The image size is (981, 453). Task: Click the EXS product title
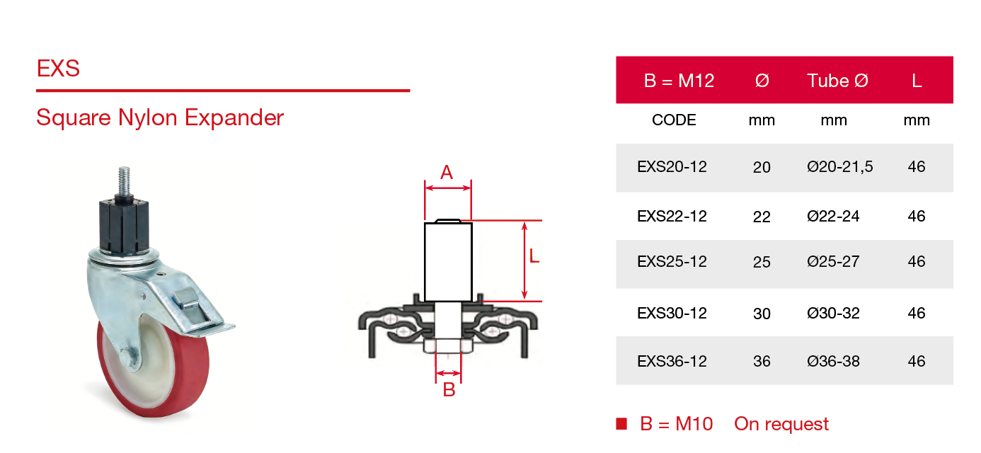pos(58,69)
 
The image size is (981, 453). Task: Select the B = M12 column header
pos(679,81)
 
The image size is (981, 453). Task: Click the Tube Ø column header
pos(837,81)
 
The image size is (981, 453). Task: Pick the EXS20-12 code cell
pos(672,167)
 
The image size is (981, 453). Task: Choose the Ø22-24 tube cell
pos(833,216)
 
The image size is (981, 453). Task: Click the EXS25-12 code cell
pos(672,262)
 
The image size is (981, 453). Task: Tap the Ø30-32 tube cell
pos(833,314)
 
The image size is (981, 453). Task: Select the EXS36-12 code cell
pos(672,362)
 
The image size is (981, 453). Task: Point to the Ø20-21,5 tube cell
pos(839,167)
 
